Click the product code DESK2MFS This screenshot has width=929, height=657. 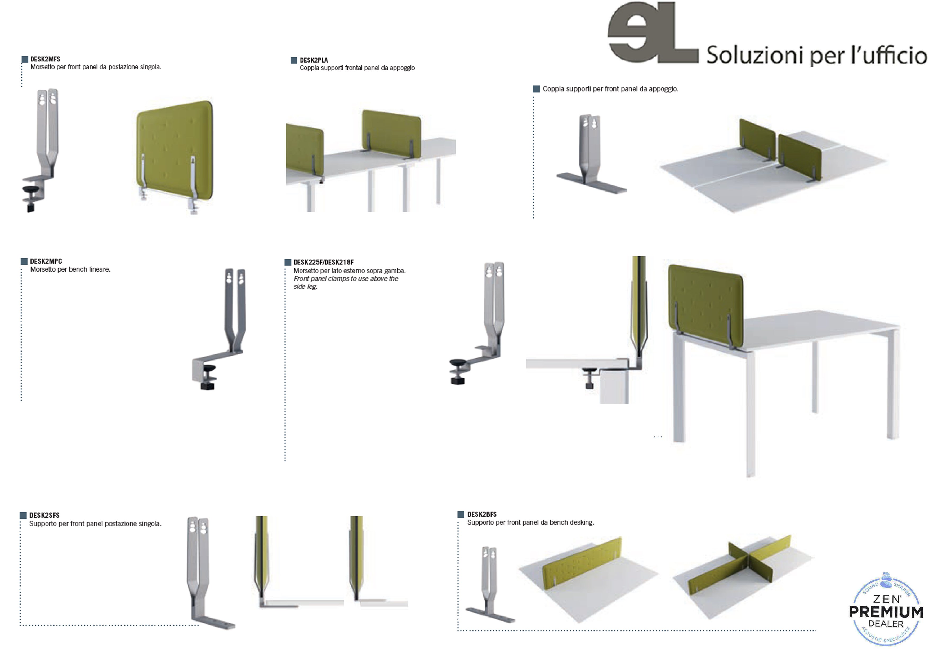click(45, 59)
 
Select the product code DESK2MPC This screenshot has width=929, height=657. click(46, 261)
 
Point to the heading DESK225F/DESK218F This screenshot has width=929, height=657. click(324, 262)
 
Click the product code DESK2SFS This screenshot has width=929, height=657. click(44, 515)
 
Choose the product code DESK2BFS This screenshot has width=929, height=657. click(482, 514)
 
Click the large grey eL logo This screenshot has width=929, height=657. click(653, 32)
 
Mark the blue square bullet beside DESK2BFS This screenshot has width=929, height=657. click(461, 514)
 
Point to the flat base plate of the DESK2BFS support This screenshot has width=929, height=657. click(490, 615)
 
